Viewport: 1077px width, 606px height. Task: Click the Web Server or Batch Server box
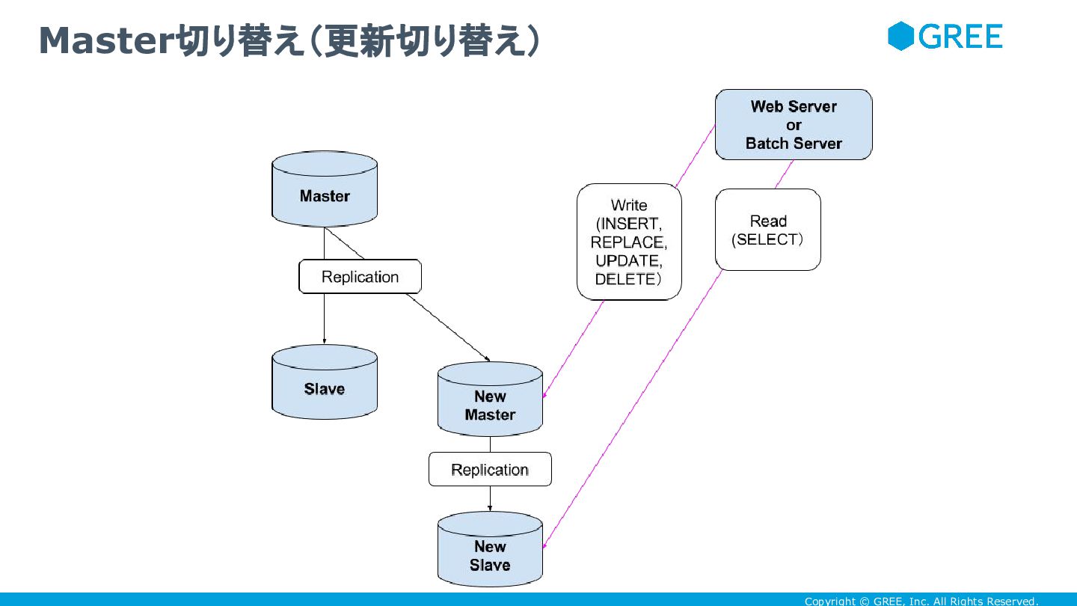[794, 125]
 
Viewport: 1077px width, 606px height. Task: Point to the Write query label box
[629, 242]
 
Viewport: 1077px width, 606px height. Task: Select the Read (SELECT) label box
[768, 230]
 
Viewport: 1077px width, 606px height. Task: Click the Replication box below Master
[360, 277]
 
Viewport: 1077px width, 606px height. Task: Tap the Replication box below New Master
[490, 470]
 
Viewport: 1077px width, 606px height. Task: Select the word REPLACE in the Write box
[627, 242]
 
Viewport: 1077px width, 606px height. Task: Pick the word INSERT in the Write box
[630, 224]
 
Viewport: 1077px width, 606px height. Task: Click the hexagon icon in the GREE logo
[901, 36]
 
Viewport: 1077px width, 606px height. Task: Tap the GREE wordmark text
[960, 36]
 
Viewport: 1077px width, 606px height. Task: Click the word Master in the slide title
[105, 41]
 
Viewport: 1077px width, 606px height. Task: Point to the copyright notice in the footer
[921, 601]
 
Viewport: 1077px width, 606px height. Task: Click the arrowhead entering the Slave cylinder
[325, 341]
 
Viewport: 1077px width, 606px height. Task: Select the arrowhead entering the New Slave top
[490, 508]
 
